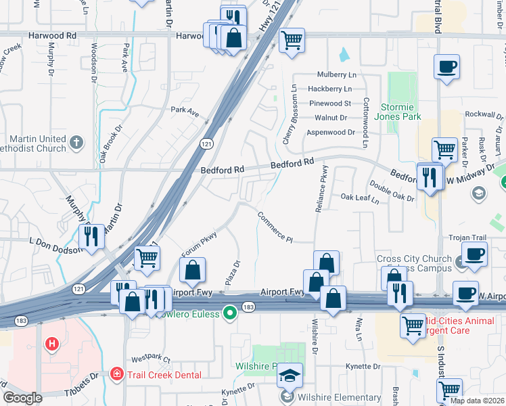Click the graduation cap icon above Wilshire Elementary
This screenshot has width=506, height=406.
tap(290, 375)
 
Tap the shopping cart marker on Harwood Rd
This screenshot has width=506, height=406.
tap(292, 39)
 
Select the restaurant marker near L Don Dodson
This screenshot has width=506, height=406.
tap(91, 235)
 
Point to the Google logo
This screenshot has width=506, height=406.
tap(22, 398)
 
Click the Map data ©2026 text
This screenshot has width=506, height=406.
tap(477, 401)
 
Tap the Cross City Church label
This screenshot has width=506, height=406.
tap(413, 259)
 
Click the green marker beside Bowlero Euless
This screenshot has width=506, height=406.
tap(231, 314)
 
